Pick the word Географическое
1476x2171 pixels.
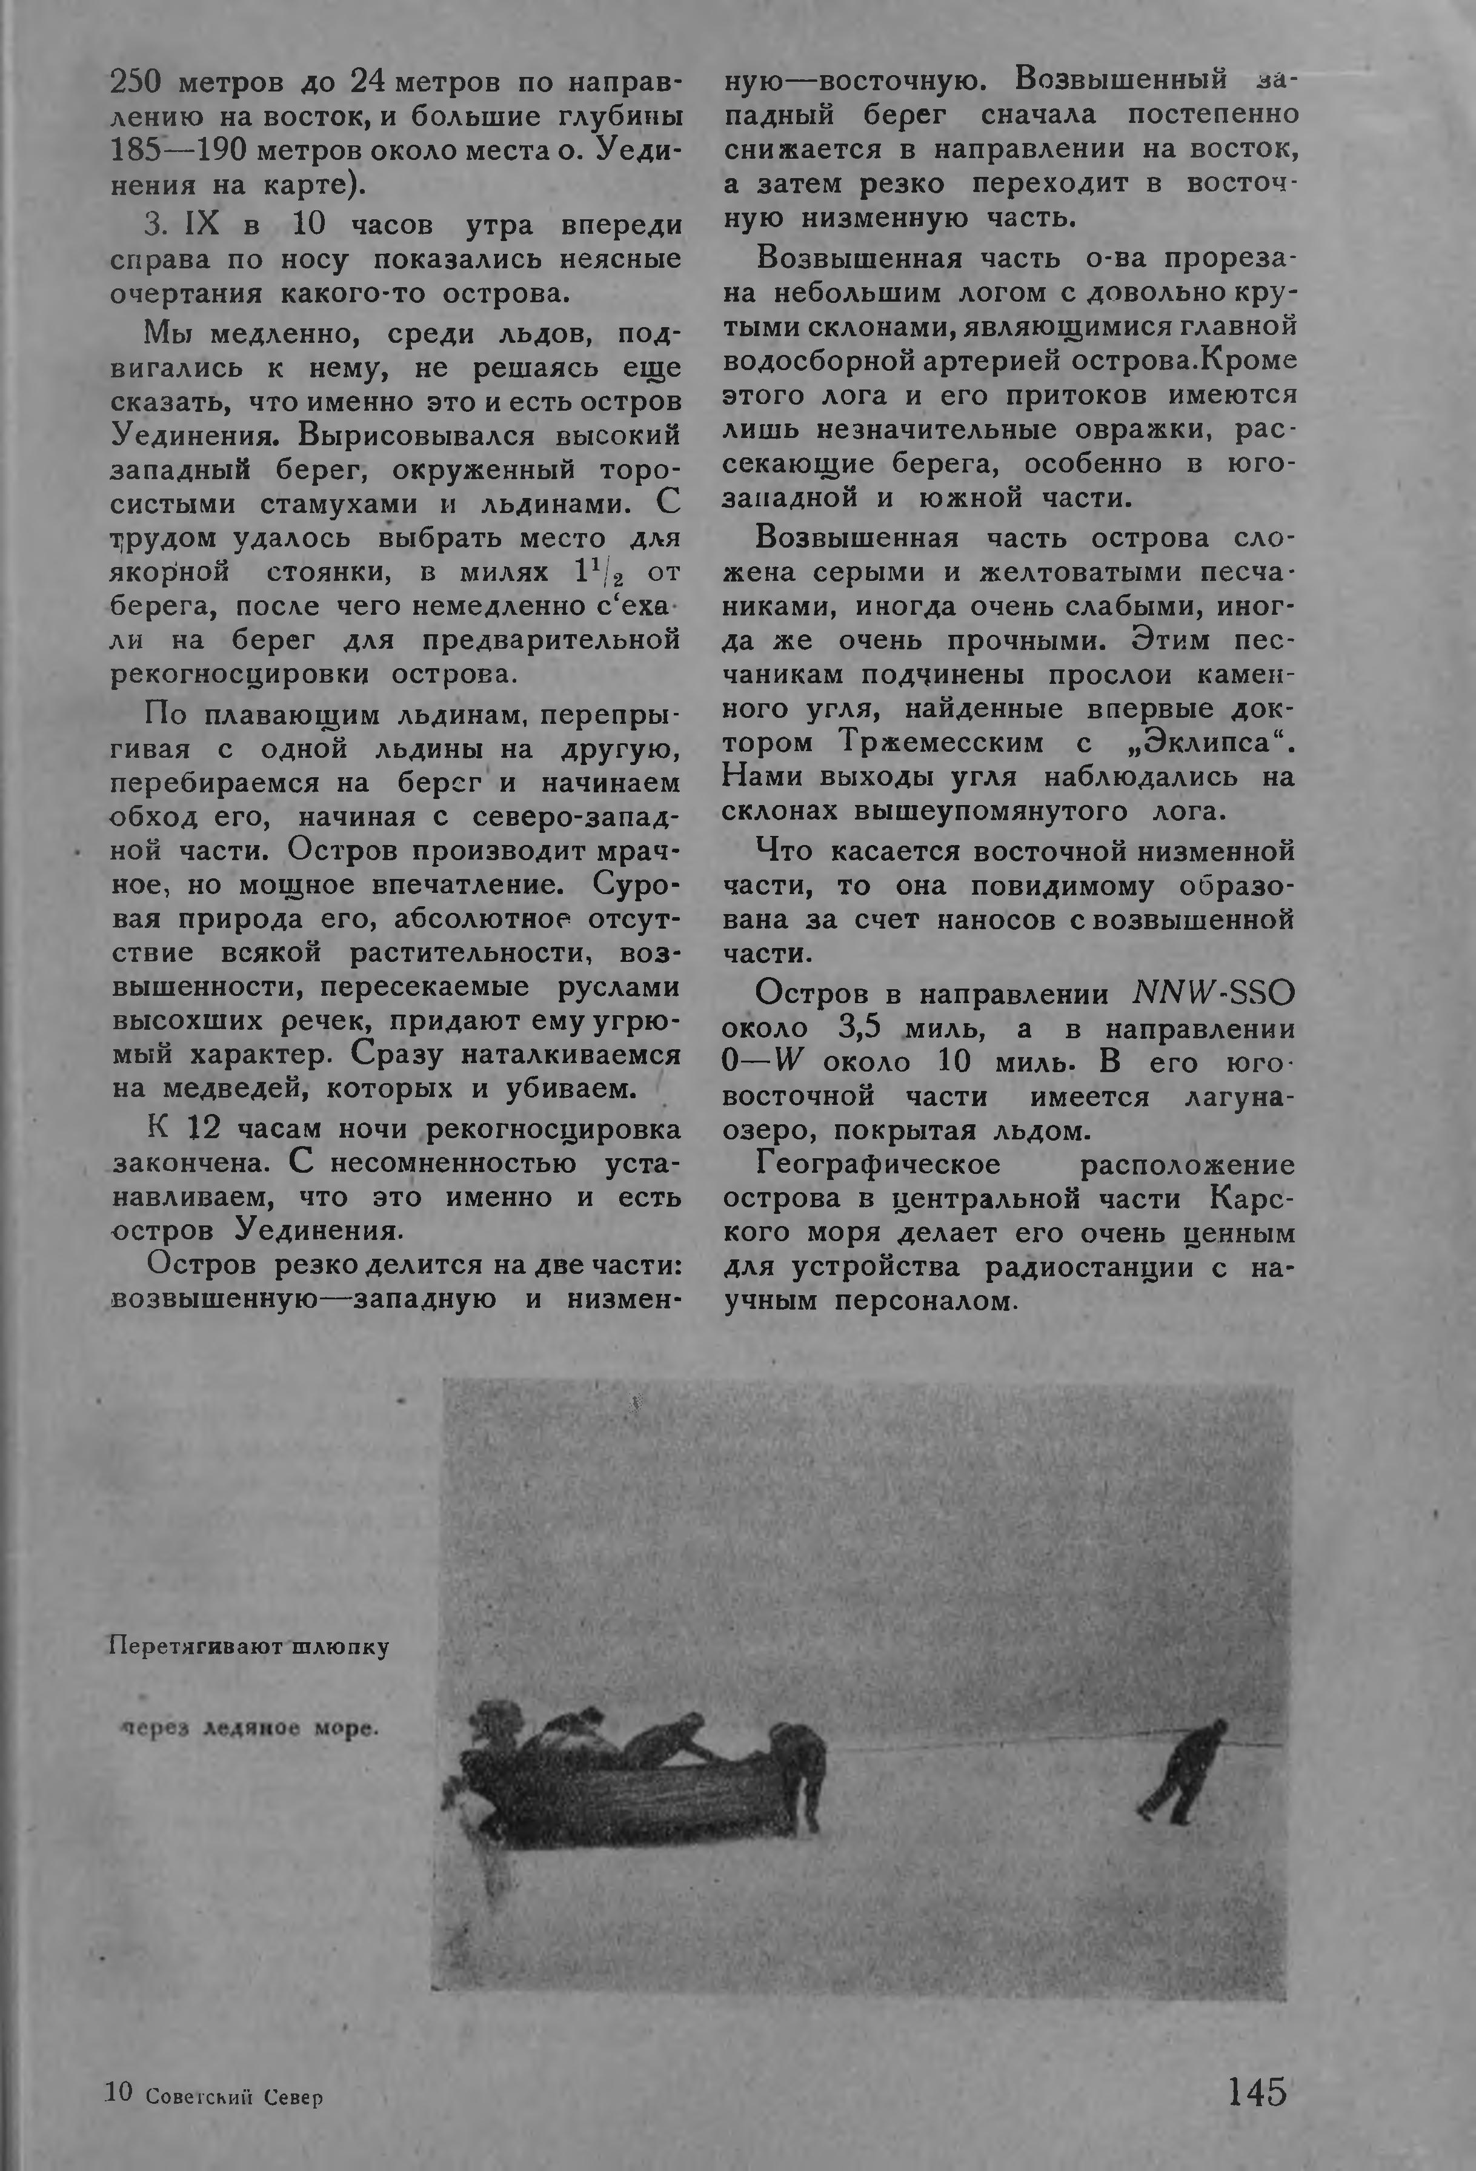(878, 1165)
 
